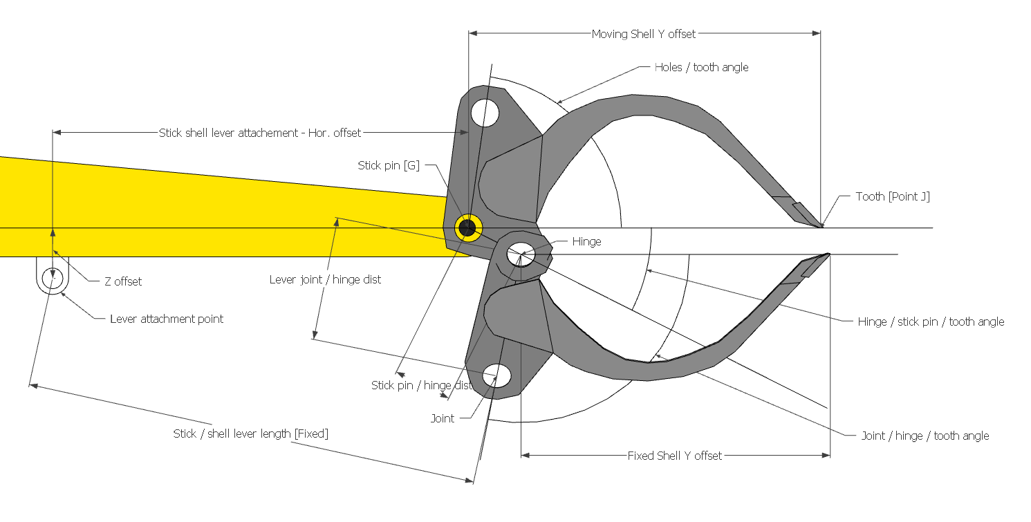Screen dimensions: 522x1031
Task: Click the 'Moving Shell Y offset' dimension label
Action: [644, 34]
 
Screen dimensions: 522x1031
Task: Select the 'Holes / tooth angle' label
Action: [701, 67]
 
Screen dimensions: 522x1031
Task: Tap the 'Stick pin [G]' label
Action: [389, 165]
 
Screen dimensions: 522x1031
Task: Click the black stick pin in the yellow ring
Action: [467, 227]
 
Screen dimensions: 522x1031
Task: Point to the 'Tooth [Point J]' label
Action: [893, 196]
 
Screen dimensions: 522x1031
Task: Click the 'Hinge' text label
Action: [586, 241]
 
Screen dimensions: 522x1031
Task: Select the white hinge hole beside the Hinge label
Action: [521, 254]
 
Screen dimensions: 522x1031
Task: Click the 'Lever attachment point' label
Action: [167, 319]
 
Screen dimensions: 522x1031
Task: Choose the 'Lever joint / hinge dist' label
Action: [325, 279]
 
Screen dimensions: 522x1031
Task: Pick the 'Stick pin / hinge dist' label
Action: [421, 385]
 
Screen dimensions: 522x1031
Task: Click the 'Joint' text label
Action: [443, 418]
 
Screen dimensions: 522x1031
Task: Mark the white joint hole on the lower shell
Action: [497, 375]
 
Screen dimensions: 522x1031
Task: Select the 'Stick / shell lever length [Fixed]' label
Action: [250, 434]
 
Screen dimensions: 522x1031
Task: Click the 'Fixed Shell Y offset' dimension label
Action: [674, 456]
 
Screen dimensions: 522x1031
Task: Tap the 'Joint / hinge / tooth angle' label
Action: [925, 436]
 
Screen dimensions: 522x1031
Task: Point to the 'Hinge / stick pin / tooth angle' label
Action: [931, 321]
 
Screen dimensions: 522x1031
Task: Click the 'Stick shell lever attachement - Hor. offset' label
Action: [260, 133]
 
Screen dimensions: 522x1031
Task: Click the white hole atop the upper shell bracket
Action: [485, 112]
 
